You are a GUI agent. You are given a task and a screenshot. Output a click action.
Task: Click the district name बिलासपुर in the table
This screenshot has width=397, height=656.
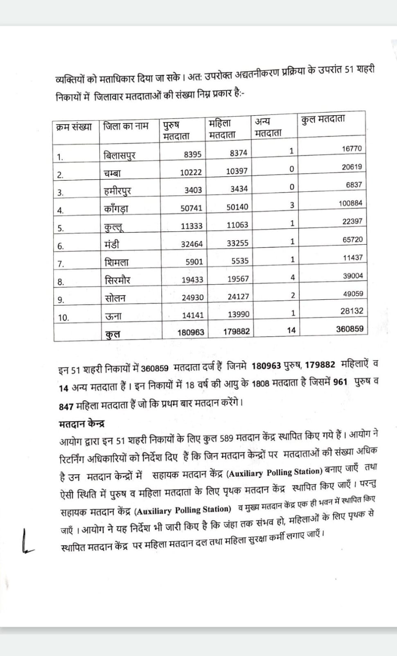(120, 155)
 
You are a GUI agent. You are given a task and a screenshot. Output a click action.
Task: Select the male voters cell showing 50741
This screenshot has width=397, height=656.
(191, 208)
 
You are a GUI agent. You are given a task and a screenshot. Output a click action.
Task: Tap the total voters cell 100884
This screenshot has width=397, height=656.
(350, 203)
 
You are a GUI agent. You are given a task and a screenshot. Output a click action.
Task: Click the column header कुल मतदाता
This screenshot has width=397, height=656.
(323, 119)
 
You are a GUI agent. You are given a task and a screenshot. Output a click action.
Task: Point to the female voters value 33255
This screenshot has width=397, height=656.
(237, 243)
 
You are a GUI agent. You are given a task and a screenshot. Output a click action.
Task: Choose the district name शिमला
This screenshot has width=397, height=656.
(117, 262)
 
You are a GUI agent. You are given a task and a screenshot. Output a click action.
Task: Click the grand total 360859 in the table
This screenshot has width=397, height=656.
(350, 329)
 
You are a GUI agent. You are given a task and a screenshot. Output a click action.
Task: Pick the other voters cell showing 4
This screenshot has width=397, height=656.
(293, 277)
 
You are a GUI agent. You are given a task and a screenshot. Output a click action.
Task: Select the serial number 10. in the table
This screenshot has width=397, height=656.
(63, 317)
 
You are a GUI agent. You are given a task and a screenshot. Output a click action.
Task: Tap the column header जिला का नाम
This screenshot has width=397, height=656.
(126, 126)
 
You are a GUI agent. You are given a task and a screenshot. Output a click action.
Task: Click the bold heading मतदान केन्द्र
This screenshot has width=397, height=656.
(82, 423)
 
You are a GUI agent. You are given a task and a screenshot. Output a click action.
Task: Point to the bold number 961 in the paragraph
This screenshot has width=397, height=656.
(340, 382)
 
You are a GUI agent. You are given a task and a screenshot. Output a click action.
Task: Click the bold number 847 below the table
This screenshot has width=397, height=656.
(66, 406)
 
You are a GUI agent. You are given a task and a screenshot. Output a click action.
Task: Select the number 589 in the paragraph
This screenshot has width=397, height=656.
(226, 438)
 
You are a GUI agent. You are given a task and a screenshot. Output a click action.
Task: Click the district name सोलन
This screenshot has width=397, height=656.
(115, 298)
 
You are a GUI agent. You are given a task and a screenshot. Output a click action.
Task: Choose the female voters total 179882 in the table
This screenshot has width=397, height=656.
(236, 331)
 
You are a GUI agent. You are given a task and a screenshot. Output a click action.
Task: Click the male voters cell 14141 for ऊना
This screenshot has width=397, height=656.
(192, 315)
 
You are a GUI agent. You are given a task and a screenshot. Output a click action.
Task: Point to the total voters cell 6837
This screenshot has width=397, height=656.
(354, 184)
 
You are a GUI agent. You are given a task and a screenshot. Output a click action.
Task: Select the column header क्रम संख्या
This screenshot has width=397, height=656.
(74, 126)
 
